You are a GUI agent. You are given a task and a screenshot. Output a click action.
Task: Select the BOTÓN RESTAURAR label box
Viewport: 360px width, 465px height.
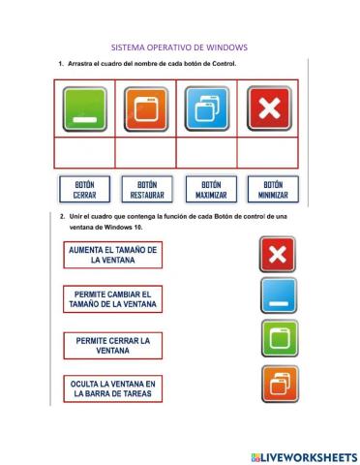146,188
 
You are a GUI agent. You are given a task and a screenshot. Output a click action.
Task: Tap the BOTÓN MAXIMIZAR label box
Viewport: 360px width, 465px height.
210,188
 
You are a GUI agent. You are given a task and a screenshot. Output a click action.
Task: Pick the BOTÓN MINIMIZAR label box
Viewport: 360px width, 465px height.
272,188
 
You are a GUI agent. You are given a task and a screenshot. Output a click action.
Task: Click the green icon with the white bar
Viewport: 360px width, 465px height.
84,108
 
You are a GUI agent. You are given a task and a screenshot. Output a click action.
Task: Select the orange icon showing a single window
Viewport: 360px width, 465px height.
145,108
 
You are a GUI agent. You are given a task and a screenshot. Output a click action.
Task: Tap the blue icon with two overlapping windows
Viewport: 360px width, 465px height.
207,108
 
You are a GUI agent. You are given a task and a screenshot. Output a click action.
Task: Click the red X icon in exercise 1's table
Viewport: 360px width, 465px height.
268,108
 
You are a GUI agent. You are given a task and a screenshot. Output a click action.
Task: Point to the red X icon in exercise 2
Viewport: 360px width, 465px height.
278,255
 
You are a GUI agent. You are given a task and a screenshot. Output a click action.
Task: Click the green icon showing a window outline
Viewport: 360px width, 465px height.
278,339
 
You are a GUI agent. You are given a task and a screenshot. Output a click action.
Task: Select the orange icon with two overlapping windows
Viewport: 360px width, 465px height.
278,384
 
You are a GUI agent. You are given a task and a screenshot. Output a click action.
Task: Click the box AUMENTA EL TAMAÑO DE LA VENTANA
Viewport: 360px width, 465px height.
112,255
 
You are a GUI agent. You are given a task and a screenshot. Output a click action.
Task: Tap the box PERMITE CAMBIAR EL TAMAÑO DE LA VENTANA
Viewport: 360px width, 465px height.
112,299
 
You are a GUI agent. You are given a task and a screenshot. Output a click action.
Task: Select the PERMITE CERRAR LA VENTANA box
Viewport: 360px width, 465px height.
112,345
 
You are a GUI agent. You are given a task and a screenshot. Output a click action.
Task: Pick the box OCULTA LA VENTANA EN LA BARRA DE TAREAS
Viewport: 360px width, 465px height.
112,389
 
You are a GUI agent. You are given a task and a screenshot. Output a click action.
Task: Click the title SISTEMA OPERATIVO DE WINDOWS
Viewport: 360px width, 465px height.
180,46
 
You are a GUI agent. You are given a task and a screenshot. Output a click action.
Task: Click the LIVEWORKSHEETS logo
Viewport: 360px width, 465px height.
303,455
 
